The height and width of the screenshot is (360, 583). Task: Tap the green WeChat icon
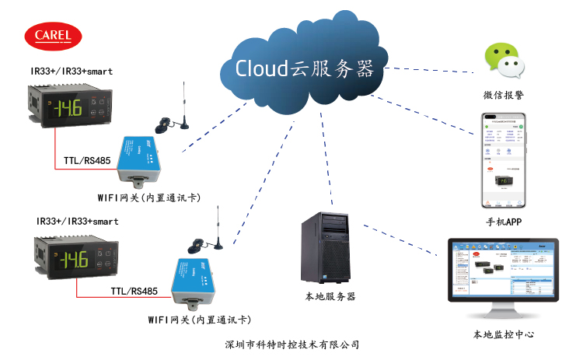click(501, 62)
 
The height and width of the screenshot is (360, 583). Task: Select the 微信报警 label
click(501, 96)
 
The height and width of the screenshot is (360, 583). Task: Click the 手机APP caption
click(503, 222)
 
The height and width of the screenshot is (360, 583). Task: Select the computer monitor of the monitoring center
click(502, 276)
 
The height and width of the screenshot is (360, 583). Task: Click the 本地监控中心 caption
click(503, 334)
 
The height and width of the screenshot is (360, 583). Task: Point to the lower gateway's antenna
click(218, 229)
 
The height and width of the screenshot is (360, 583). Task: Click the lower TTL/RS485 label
click(134, 292)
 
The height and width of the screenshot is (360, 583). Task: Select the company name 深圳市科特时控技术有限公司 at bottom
click(291, 344)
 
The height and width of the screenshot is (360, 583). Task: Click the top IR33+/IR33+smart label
click(72, 72)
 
